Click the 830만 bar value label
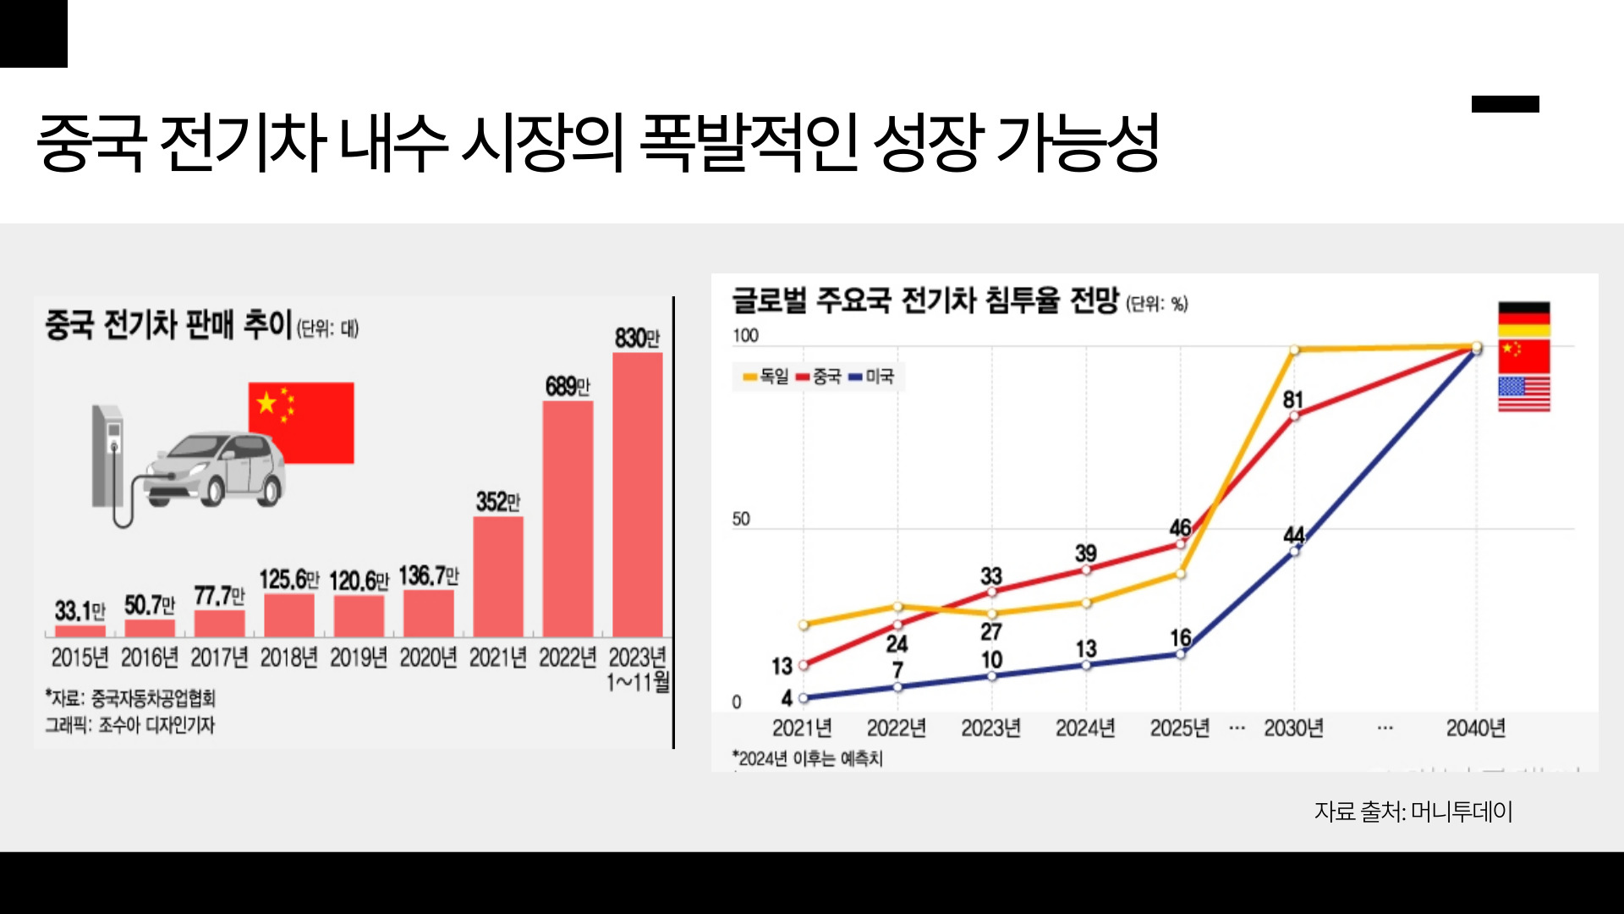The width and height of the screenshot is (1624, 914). tap(637, 339)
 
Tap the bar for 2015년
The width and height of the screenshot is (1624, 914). tap(80, 630)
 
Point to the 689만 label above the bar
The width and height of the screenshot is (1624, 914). tap(567, 387)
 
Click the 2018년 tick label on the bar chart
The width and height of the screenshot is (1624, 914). tap(288, 658)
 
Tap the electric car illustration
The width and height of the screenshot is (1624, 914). tap(216, 470)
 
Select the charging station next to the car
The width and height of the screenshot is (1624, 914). tap(108, 457)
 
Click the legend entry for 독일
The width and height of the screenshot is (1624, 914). tap(765, 377)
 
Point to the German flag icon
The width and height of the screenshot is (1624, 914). tap(1523, 319)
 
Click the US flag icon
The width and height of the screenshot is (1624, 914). tap(1523, 394)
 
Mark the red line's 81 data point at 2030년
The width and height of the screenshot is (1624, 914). tap(1293, 416)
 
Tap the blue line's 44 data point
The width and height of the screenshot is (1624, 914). tap(1294, 551)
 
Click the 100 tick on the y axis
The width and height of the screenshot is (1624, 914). tap(745, 336)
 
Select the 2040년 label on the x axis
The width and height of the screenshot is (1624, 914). tap(1475, 728)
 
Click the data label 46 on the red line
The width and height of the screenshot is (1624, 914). tap(1180, 528)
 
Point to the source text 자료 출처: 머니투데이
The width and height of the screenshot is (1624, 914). tap(1413, 812)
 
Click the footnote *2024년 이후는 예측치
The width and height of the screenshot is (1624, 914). tap(808, 758)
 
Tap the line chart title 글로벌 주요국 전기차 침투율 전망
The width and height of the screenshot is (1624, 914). tap(924, 300)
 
